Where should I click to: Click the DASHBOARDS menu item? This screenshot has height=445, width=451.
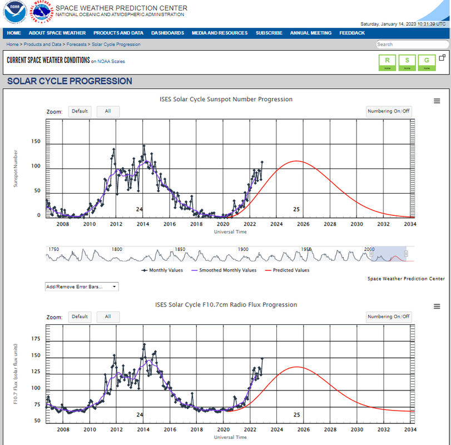pyautogui.click(x=167, y=33)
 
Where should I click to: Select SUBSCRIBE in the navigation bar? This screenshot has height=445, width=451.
pyautogui.click(x=269, y=33)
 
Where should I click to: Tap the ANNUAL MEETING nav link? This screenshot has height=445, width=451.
pyautogui.click(x=310, y=33)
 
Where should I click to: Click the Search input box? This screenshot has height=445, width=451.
pyautogui.click(x=412, y=44)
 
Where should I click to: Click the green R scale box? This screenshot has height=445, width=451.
pyautogui.click(x=387, y=62)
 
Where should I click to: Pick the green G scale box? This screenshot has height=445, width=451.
pyautogui.click(x=427, y=62)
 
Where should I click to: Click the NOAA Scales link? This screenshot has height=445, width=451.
pyautogui.click(x=111, y=61)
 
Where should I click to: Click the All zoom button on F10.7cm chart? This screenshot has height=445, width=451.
pyautogui.click(x=108, y=317)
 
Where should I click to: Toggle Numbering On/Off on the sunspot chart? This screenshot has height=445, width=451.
pyautogui.click(x=389, y=111)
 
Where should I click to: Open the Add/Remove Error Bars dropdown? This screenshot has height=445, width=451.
pyautogui.click(x=81, y=287)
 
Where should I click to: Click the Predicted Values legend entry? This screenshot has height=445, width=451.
pyautogui.click(x=288, y=270)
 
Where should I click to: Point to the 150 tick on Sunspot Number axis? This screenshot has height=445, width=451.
pyautogui.click(x=36, y=142)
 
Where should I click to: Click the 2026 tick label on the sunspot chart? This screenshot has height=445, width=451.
pyautogui.click(x=303, y=224)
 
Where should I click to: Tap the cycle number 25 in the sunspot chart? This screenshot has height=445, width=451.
pyautogui.click(x=296, y=209)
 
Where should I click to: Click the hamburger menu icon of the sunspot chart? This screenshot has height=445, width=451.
pyautogui.click(x=437, y=101)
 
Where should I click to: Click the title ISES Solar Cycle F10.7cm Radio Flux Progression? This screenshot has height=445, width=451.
pyautogui.click(x=226, y=305)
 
